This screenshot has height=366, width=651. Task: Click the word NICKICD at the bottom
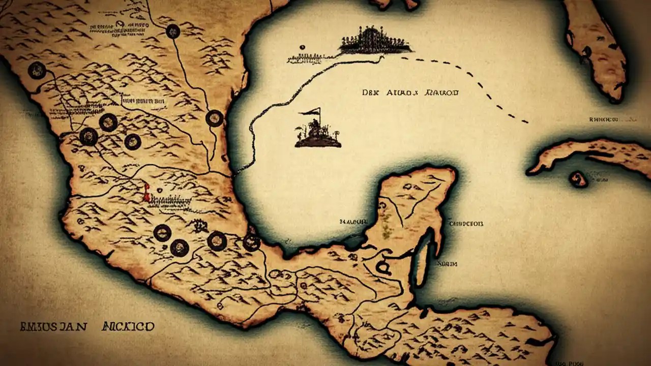point(128,326)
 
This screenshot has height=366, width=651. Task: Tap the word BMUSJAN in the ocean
point(53,326)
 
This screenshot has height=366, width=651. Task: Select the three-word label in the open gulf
point(410,93)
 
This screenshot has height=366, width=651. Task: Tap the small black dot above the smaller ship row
point(302,48)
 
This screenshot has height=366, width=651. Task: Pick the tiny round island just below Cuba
point(578,178)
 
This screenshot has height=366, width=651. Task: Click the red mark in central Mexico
point(146,193)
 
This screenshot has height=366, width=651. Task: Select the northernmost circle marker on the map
point(173,32)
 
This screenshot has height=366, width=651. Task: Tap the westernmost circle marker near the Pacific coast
point(37,70)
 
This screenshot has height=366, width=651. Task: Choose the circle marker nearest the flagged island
point(215,118)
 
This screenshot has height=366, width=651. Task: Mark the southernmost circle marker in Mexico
point(180,248)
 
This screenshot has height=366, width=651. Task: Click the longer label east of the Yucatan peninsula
point(465,223)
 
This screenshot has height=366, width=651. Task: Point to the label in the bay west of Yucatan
point(353,222)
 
